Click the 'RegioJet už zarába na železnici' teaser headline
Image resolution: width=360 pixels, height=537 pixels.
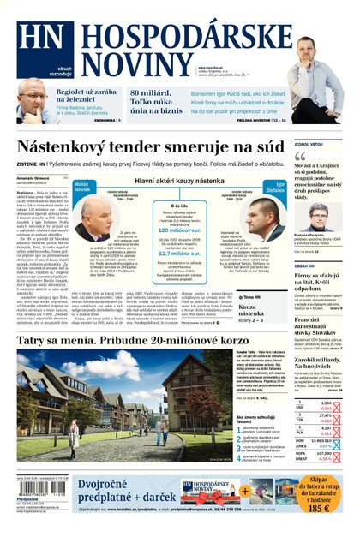coord(89,95)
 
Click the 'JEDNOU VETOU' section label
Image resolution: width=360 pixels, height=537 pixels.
coord(308,145)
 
